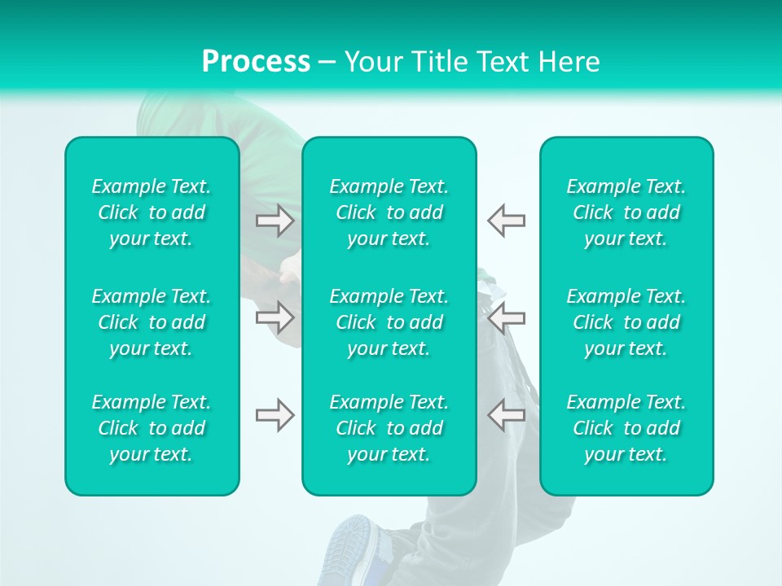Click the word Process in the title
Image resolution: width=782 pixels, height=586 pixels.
pyautogui.click(x=256, y=62)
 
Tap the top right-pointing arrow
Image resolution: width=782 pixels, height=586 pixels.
pyautogui.click(x=275, y=221)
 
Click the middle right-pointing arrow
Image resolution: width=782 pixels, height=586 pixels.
pyautogui.click(x=275, y=316)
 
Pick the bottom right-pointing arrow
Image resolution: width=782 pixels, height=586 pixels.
pyautogui.click(x=275, y=415)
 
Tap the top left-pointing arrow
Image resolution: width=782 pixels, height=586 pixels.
pyautogui.click(x=506, y=221)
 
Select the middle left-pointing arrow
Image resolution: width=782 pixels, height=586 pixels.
pyautogui.click(x=506, y=316)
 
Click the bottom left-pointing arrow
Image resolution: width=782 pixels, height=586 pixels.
pyautogui.click(x=506, y=415)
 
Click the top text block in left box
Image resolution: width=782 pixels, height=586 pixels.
pyautogui.click(x=152, y=212)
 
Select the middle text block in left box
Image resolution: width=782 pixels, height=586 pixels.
pyautogui.click(x=152, y=322)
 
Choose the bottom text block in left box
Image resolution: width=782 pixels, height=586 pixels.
pyautogui.click(x=152, y=428)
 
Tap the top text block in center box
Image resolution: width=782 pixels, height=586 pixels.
pyautogui.click(x=389, y=212)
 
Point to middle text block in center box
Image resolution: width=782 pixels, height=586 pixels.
pyautogui.click(x=389, y=322)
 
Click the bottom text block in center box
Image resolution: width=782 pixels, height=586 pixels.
pyautogui.click(x=389, y=428)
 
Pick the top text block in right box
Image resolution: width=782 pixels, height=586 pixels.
pyautogui.click(x=626, y=212)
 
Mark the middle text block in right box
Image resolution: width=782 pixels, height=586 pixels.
pyautogui.click(x=626, y=322)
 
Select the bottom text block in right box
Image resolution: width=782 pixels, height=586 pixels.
pyautogui.click(x=626, y=428)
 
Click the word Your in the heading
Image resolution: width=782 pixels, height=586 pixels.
pyautogui.click(x=374, y=62)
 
